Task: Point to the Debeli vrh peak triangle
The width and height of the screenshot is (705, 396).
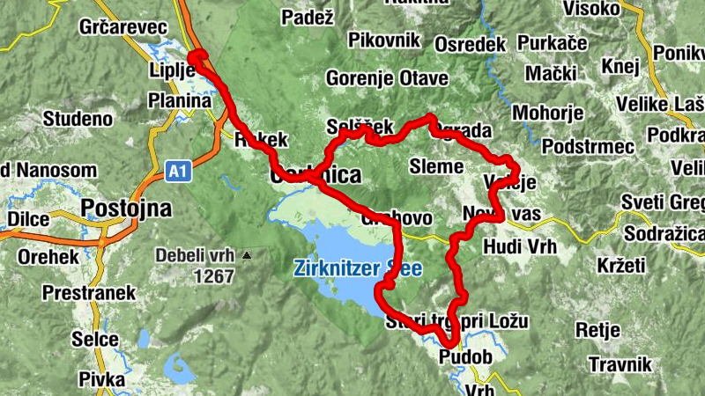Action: click(x=247, y=256)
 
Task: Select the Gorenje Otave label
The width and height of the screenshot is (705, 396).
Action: click(x=387, y=77)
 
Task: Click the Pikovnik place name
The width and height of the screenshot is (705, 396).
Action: click(x=384, y=40)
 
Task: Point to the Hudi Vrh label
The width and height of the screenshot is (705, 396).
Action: click(x=521, y=247)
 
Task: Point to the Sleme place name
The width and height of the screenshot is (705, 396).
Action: click(x=436, y=166)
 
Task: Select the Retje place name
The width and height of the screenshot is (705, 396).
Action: click(x=598, y=330)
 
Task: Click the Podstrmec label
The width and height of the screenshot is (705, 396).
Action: click(x=588, y=147)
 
